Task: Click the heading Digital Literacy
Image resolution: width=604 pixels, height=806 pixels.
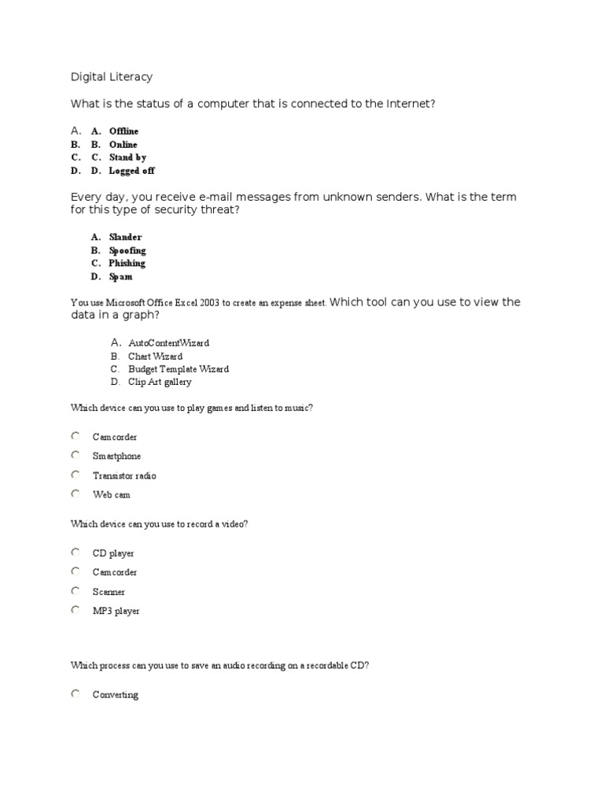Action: click(x=112, y=77)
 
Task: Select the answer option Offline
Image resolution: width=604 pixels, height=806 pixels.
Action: click(x=123, y=131)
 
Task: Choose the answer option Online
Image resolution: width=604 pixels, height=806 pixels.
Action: click(x=123, y=145)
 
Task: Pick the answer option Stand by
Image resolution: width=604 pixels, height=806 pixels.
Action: click(x=127, y=157)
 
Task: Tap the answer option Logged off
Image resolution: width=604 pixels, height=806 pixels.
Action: click(x=131, y=171)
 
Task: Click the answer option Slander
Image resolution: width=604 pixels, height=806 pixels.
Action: click(x=125, y=237)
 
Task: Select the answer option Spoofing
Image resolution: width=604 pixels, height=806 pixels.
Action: click(x=127, y=250)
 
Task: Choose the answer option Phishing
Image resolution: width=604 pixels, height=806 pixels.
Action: click(x=127, y=264)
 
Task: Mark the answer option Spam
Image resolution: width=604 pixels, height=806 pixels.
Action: click(x=120, y=277)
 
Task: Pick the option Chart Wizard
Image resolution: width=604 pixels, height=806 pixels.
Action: click(x=155, y=357)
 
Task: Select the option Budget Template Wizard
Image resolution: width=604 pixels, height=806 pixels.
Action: click(x=179, y=369)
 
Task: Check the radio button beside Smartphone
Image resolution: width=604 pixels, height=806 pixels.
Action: click(x=75, y=455)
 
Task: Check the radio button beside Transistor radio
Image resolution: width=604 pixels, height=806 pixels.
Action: click(x=75, y=475)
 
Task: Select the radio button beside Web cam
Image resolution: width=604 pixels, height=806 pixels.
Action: click(x=75, y=494)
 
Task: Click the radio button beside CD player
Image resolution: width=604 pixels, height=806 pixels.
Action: click(x=75, y=552)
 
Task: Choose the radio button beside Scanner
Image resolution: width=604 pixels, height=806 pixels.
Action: click(x=75, y=590)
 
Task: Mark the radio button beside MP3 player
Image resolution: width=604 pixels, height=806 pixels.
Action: click(x=75, y=610)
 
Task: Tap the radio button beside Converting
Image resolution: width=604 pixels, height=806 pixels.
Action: click(x=75, y=693)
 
